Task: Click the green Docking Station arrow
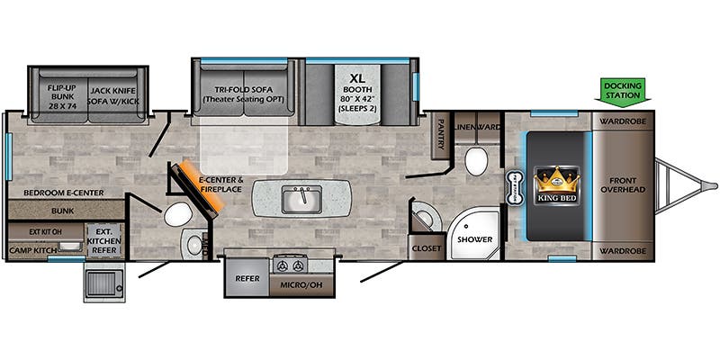pos(623,90)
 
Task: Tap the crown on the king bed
pos(555,178)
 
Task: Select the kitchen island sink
pos(301,199)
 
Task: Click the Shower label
pos(473,240)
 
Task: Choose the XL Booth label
pos(359,90)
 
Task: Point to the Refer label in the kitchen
pos(247,278)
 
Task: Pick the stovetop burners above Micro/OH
pos(291,265)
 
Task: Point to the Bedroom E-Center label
pos(57,193)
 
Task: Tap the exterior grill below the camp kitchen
pos(106,283)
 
